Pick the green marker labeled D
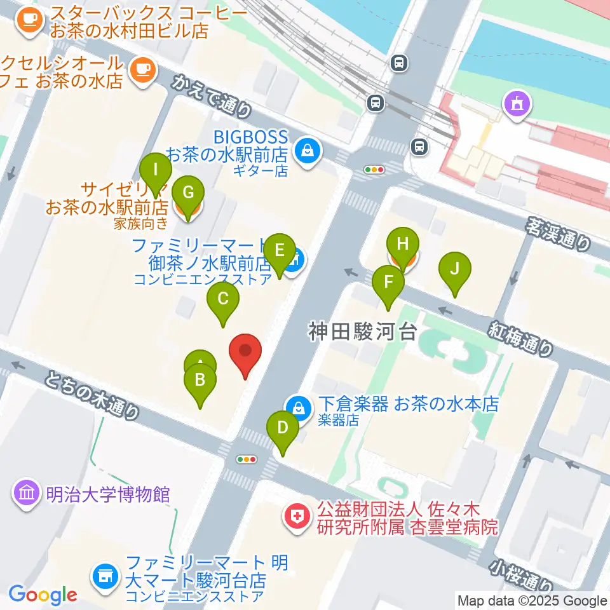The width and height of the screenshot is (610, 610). [x=283, y=431]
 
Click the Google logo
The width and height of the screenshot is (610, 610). [x=43, y=595]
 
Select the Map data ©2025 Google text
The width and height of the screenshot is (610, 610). [x=532, y=600]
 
